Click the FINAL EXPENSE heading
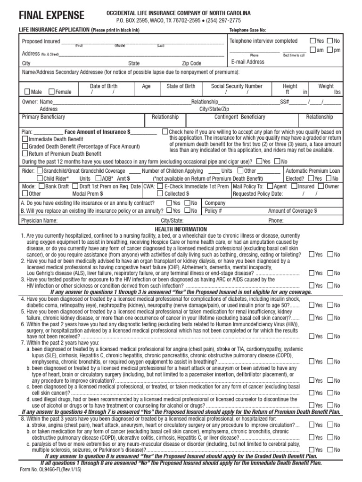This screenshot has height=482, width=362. (x=51, y=16)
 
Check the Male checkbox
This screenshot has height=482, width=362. (x=27, y=92)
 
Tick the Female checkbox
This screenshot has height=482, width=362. (x=52, y=92)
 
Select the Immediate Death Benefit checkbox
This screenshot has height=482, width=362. (x=25, y=139)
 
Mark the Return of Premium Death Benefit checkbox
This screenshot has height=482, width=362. (x=25, y=153)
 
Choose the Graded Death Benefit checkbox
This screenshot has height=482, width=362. (x=25, y=146)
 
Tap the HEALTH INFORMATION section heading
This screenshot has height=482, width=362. (x=181, y=229)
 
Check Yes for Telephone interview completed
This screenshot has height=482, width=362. (x=313, y=41)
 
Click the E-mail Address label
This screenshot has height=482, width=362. (x=247, y=62)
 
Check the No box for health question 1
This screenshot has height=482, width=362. (x=330, y=254)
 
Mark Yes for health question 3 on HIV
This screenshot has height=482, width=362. (x=312, y=285)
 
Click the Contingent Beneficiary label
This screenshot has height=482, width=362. (x=240, y=117)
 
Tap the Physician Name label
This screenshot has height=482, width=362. (x=40, y=220)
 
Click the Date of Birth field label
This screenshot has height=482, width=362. (x=104, y=86)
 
